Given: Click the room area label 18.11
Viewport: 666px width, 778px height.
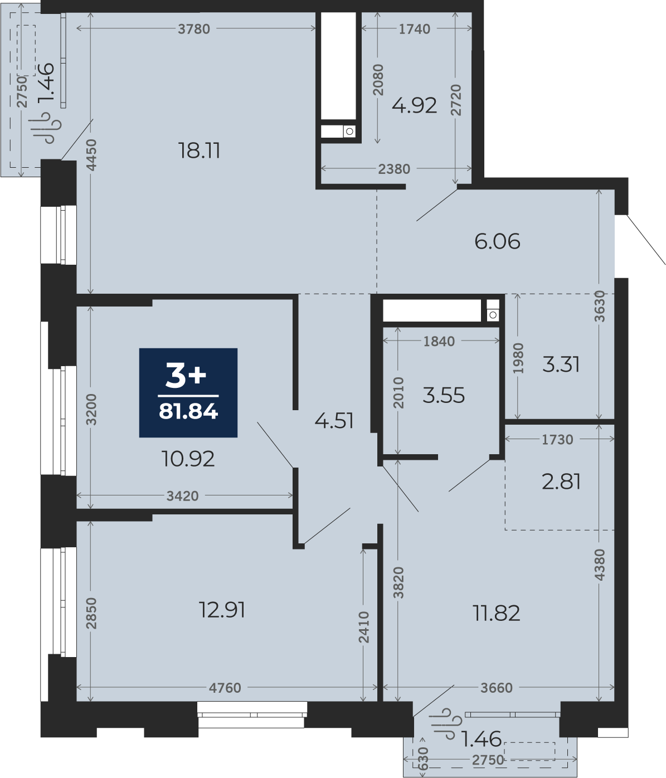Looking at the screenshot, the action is click(199, 150).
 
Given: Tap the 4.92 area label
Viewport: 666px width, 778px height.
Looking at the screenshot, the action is click(414, 105).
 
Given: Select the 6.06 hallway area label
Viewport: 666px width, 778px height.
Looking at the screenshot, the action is click(497, 241).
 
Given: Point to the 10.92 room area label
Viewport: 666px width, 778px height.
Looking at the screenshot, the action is click(188, 459).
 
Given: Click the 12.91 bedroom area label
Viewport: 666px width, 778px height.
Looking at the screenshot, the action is click(222, 610).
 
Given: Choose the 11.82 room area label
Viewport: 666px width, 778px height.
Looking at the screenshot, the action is click(496, 613).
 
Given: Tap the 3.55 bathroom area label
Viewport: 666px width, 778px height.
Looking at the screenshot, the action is click(444, 395).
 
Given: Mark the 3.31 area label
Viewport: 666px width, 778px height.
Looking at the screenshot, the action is click(561, 364).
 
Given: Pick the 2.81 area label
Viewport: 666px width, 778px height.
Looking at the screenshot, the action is click(561, 482).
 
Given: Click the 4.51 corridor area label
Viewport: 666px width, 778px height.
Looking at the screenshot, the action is click(334, 421).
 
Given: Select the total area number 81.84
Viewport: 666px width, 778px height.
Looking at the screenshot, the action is click(188, 411).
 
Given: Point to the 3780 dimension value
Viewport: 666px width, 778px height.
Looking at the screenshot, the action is click(194, 29).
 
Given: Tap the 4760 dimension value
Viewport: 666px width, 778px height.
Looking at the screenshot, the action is click(225, 688).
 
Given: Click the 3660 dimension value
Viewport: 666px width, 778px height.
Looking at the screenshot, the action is click(497, 688).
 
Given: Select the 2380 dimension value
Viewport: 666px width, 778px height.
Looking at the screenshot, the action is click(394, 169).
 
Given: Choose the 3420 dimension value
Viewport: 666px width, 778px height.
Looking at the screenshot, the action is click(183, 496).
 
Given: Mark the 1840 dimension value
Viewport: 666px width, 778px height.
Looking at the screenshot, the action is click(439, 341).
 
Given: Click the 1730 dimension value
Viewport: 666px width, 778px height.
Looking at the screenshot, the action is click(557, 439).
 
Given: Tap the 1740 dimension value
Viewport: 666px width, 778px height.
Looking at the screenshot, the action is click(415, 29).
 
